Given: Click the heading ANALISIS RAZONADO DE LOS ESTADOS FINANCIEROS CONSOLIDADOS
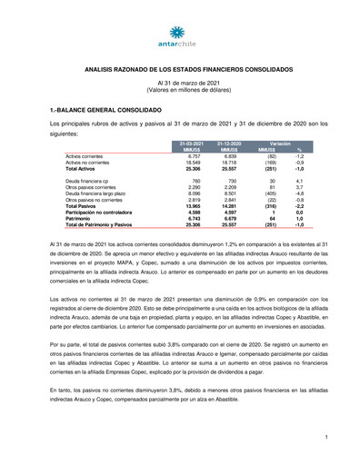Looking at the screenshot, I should click(x=179, y=69).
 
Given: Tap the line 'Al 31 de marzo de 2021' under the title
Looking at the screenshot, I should click(x=179, y=83).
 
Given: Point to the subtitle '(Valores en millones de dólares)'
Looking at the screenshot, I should click(x=179, y=89).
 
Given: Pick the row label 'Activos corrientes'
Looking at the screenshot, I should click(x=86, y=156).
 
